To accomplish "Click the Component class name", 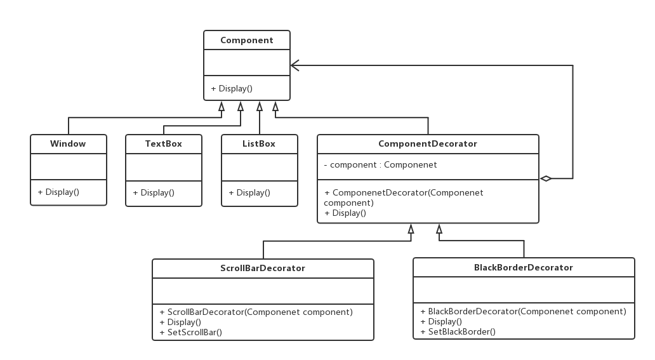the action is coord(246,40).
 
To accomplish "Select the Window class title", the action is coord(68,144).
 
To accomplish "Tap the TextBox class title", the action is coord(163,144).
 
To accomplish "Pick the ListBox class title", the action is coord(258,144).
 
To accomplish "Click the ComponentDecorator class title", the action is coord(427,144).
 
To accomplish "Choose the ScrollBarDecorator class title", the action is coord(262,268).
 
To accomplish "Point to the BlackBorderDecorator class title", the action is coord(523,267).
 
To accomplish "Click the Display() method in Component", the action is coord(232,89).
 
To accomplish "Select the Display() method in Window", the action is coord(58,192).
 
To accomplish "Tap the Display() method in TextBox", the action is coord(154,193).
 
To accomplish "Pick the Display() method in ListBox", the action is coord(249,193).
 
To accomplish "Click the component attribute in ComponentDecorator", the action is coord(380,164).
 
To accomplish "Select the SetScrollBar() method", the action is coord(191,333).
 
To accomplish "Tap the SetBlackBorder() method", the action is coord(458,332).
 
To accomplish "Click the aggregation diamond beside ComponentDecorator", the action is coord(546,178).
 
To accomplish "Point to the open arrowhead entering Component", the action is coord(295,65).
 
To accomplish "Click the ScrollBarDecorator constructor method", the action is coord(256,312).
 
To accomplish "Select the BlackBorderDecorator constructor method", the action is coord(524,312).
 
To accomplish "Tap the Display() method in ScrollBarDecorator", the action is coord(180,323).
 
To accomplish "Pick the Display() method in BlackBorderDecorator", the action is coord(442,322).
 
